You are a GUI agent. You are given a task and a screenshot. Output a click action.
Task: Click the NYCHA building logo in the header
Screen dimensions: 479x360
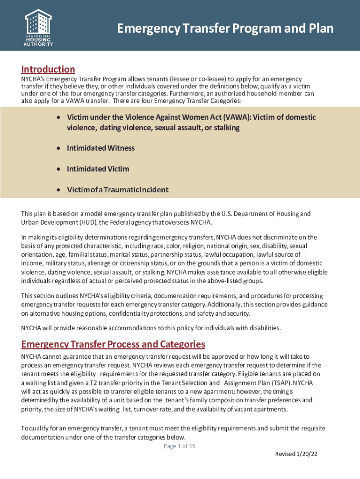(x=38, y=22)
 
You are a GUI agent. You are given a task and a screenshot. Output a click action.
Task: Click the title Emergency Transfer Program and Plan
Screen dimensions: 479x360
(x=225, y=29)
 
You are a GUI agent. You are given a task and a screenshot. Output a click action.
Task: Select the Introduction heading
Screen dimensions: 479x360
(x=48, y=70)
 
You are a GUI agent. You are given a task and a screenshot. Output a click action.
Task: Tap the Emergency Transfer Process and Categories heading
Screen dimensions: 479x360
(x=113, y=345)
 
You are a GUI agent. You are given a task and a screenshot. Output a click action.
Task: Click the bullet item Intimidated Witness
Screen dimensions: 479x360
(x=101, y=148)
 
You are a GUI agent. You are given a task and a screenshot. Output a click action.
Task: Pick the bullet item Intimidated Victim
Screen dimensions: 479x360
(x=98, y=169)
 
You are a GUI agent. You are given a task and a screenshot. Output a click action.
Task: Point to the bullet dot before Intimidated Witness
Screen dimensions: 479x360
(x=58, y=148)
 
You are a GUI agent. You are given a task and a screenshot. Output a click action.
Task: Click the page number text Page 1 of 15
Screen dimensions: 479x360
(x=180, y=446)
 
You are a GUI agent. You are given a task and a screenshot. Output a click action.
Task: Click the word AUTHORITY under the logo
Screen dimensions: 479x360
(x=38, y=44)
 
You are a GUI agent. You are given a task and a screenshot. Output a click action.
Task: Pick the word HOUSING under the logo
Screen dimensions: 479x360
(x=38, y=40)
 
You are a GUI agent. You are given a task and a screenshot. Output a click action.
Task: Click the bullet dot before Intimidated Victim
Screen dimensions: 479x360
(x=58, y=169)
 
